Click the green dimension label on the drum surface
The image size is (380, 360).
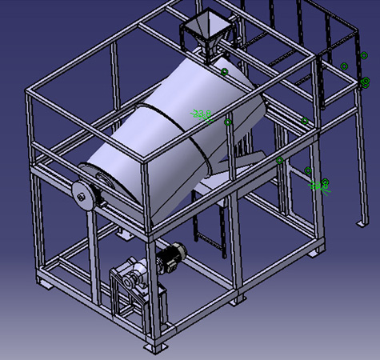(x=202, y=114)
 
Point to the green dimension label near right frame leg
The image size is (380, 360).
(x=319, y=186)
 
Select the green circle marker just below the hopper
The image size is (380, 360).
(x=224, y=72)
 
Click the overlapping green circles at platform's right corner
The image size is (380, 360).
(x=366, y=82)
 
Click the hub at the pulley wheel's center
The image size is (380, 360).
(x=82, y=194)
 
